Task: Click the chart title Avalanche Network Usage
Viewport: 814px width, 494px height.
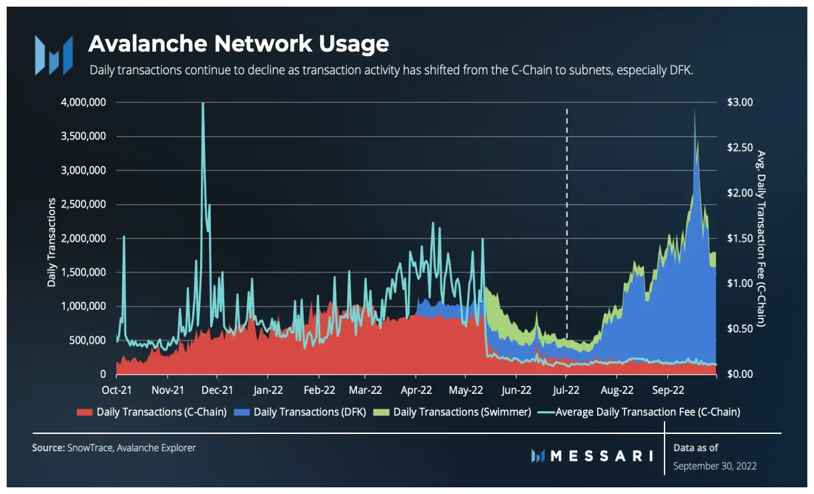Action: point(238,44)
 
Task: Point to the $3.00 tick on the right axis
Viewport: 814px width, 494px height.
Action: point(739,102)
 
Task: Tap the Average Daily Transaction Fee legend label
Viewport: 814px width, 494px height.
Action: point(648,412)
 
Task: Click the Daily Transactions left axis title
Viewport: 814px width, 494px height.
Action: point(51,238)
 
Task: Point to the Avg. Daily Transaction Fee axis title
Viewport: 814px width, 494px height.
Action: point(761,238)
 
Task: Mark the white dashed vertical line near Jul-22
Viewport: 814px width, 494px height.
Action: point(567,220)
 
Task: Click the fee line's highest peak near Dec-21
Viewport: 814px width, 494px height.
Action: point(203,104)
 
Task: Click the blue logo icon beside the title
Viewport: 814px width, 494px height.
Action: point(53,55)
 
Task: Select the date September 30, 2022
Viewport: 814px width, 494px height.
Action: point(715,465)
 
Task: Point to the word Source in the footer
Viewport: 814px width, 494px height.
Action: point(47,448)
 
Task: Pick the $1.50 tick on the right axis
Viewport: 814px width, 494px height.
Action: point(739,238)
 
